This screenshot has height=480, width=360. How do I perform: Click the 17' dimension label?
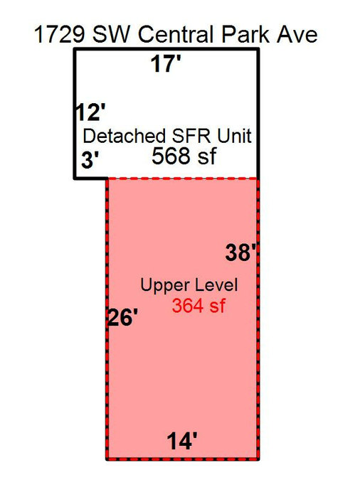coord(166,64)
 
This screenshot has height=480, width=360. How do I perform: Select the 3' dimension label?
coord(90,159)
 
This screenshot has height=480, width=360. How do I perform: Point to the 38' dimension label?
coord(240,252)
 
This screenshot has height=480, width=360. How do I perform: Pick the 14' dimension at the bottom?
coord(182,441)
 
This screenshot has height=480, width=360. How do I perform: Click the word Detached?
coord(125,136)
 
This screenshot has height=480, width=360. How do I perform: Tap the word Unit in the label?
coord(234,136)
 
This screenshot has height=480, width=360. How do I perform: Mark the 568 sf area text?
coord(184,156)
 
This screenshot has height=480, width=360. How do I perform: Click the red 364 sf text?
coord(198,306)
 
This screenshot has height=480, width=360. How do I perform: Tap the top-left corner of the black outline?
coord(75,49)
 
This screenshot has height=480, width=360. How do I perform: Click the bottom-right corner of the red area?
coord(258,459)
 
